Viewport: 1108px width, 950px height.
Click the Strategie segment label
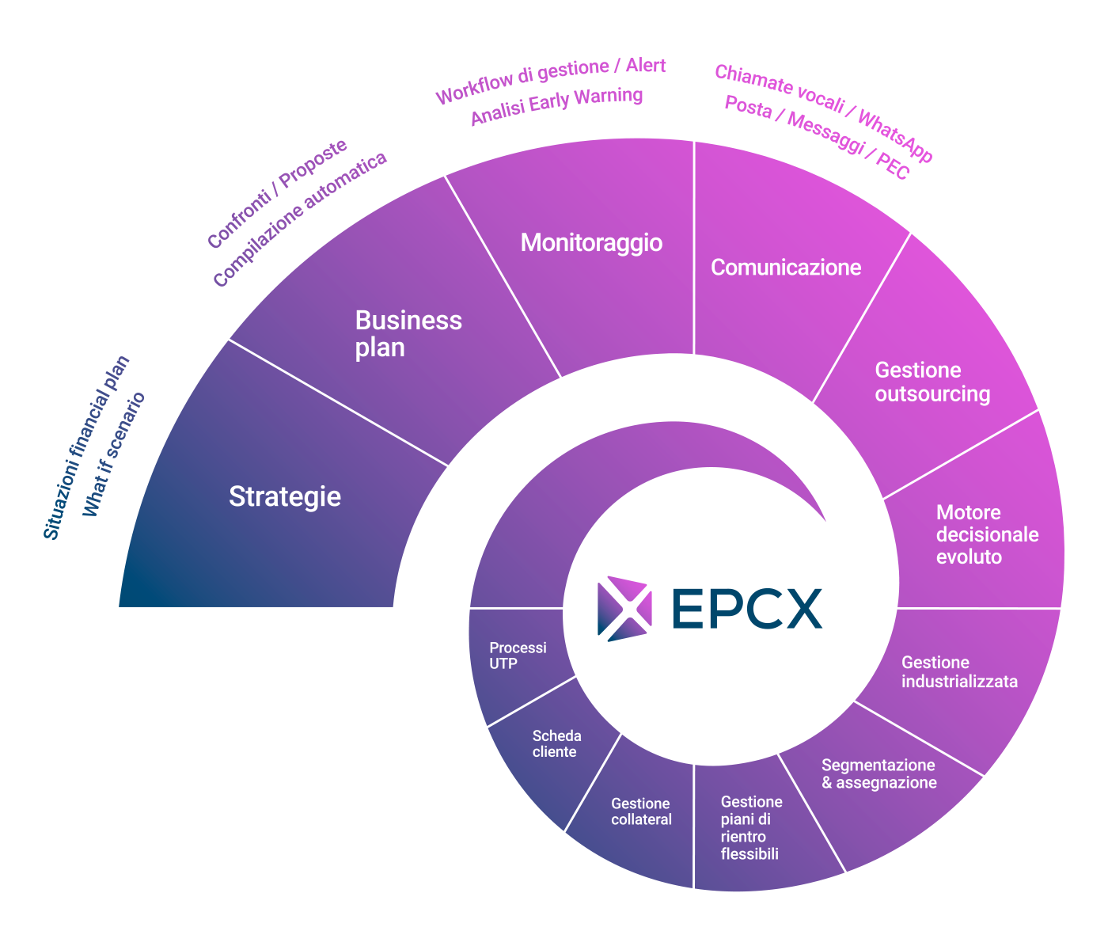pos(285,496)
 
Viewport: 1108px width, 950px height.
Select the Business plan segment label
pos(408,333)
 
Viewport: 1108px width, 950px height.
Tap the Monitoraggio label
pos(591,242)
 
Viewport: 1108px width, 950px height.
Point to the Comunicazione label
pos(786,268)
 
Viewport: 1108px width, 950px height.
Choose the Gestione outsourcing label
pos(932,382)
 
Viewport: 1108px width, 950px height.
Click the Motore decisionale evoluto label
pos(987,534)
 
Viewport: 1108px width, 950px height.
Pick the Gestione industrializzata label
pos(959,672)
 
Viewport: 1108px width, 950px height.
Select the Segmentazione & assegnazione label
pos(878,773)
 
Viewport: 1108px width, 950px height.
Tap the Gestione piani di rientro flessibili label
pos(751,827)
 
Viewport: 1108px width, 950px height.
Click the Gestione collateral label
pos(641,811)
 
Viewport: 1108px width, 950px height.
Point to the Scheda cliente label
pos(556,743)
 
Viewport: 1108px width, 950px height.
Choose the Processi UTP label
pos(518,655)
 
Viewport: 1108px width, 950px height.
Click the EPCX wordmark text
pos(746,609)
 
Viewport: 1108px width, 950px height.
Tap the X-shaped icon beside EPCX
pos(624,608)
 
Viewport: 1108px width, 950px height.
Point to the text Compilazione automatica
pos(300,219)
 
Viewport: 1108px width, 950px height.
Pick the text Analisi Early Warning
pos(556,106)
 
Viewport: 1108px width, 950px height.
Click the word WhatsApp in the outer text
pos(895,137)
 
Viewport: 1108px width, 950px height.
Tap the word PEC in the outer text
pos(893,167)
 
